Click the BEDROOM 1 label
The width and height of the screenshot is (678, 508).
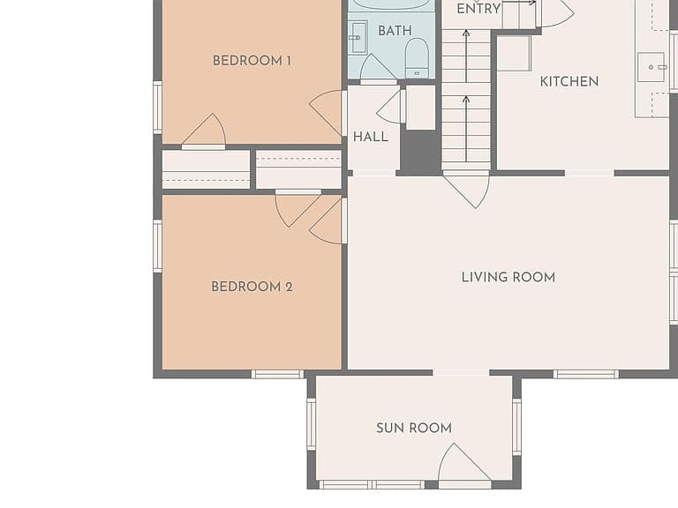(x=252, y=61)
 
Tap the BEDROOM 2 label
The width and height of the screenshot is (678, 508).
(x=252, y=287)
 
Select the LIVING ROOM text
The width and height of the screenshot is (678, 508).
(x=508, y=277)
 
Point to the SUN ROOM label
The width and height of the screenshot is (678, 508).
(x=414, y=428)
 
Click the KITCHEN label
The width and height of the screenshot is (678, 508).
(x=569, y=81)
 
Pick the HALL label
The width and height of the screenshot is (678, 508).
(x=371, y=137)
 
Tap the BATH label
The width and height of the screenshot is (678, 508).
(x=395, y=31)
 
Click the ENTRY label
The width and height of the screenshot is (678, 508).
(x=478, y=8)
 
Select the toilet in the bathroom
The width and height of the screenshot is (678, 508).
(x=417, y=58)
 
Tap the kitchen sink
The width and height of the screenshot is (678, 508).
(x=652, y=67)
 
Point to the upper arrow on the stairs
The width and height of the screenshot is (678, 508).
(x=466, y=56)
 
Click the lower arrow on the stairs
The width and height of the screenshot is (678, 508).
(x=466, y=128)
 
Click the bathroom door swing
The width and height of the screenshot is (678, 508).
(x=378, y=68)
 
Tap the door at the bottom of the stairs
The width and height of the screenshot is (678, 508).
(x=466, y=190)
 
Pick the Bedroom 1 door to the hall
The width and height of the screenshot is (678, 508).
(x=328, y=113)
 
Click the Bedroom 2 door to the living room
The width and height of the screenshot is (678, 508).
(x=328, y=220)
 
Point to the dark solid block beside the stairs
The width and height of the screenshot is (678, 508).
(x=419, y=152)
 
